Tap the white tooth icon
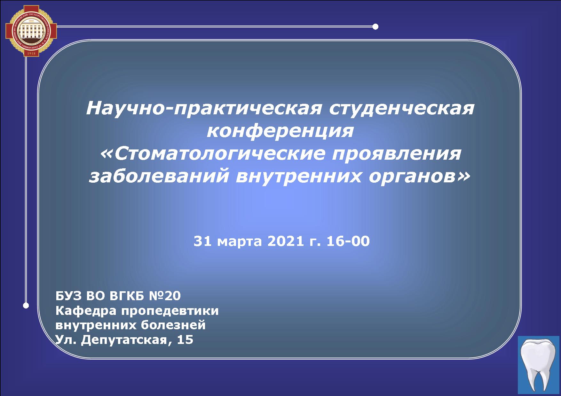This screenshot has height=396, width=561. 539,364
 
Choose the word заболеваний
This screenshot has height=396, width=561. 159,176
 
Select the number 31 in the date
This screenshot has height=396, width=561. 202,241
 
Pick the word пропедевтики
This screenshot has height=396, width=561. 170,311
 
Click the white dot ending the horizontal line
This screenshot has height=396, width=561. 376,27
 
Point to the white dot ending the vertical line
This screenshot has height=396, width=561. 26,306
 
